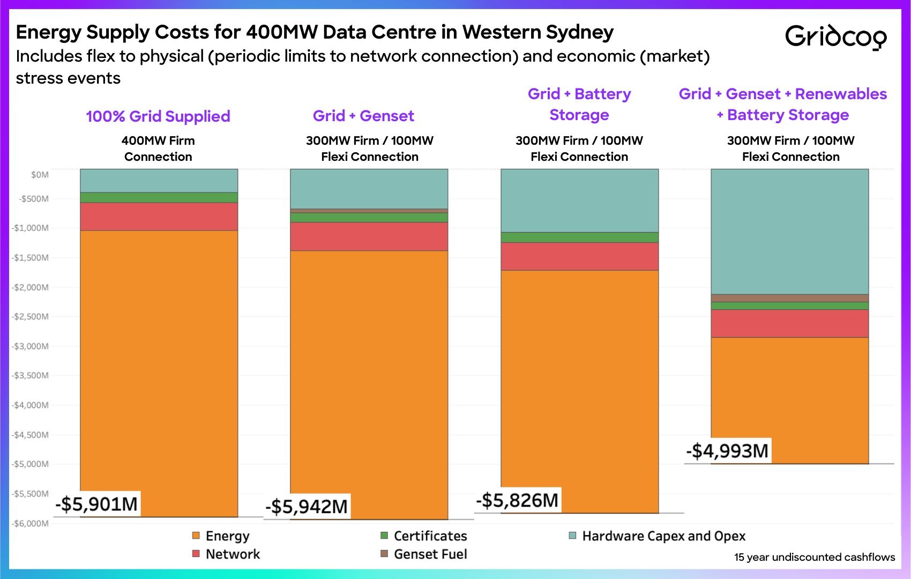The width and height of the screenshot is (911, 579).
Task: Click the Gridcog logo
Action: click(x=835, y=36)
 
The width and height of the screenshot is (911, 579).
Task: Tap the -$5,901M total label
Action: click(x=97, y=504)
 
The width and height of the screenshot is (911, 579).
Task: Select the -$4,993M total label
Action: click(x=728, y=451)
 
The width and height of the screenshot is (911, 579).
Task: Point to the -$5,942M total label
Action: click(x=307, y=507)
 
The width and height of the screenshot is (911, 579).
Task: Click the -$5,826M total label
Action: click(x=518, y=500)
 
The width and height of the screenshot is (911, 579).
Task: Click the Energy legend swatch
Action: click(x=196, y=536)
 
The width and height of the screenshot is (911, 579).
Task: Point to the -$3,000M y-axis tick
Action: click(x=30, y=346)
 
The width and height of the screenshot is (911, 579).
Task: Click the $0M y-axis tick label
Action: click(x=40, y=175)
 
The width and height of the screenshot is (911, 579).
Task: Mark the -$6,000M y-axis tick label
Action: click(x=30, y=523)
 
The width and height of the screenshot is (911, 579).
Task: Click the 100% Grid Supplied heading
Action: click(x=158, y=116)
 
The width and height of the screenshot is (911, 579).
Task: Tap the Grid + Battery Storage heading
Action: click(x=579, y=104)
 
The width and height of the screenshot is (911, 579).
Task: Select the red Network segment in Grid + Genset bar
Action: click(x=369, y=236)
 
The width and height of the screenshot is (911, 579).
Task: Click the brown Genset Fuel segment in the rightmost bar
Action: click(x=789, y=298)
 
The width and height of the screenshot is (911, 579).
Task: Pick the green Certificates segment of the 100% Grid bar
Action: click(x=159, y=197)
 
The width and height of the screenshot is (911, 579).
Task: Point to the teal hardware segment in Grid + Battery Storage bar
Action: click(x=579, y=201)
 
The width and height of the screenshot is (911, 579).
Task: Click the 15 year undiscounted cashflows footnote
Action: click(x=814, y=557)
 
